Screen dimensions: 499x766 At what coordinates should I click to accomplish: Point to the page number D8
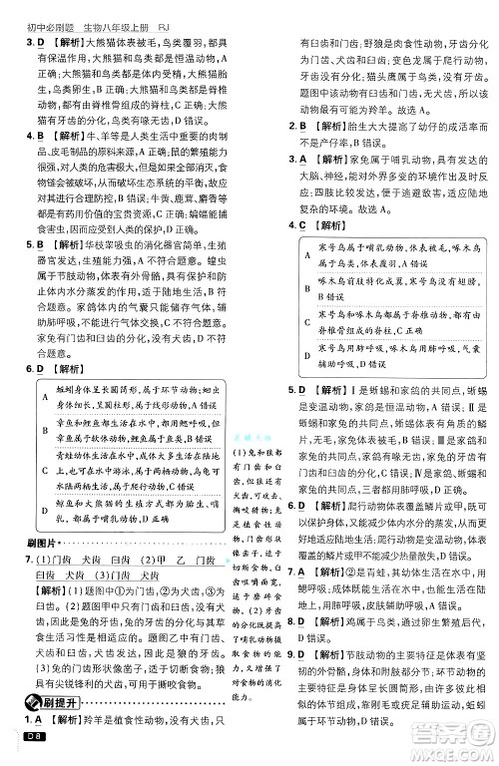click(x=30, y=737)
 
